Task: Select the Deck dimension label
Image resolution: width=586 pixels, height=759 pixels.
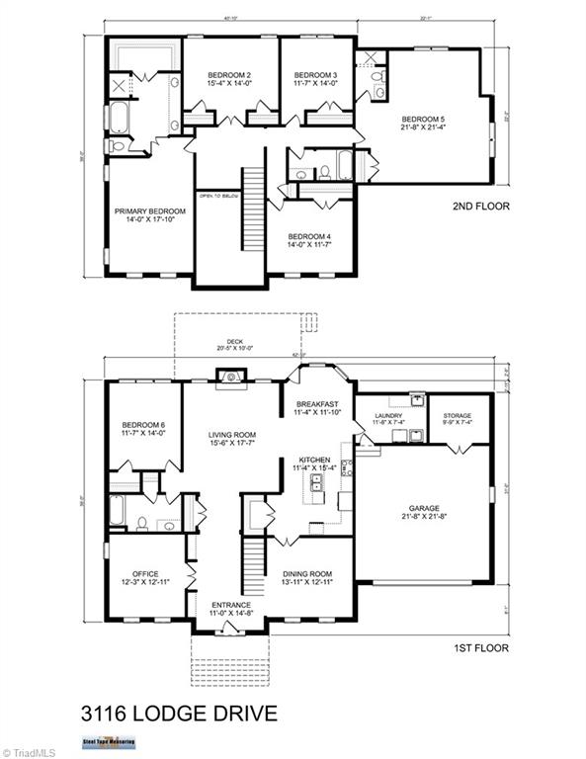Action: click(x=234, y=345)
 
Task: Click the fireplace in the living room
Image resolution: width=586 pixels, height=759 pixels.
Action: click(x=229, y=377)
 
